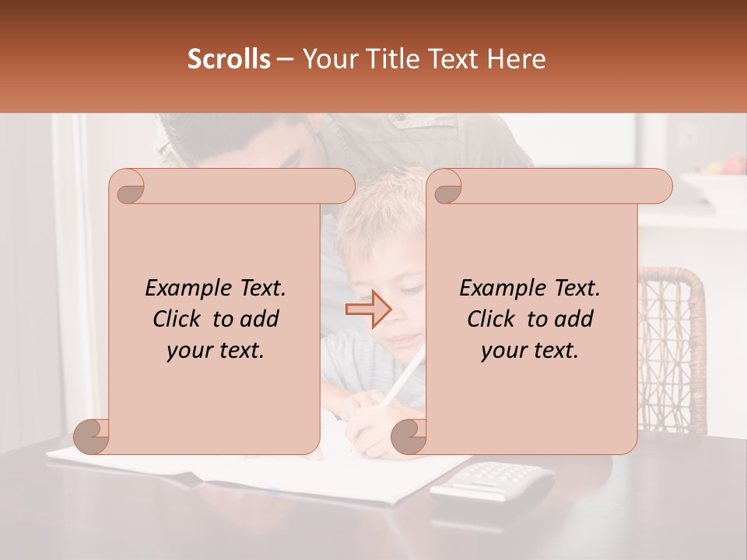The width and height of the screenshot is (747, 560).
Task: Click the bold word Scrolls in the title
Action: tap(229, 59)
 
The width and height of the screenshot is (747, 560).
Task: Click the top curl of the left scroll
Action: tap(127, 187)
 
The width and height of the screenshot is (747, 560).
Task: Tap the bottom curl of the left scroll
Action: tap(92, 436)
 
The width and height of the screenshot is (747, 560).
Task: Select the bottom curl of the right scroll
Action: tap(409, 436)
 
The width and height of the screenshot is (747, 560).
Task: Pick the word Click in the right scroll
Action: tap(491, 320)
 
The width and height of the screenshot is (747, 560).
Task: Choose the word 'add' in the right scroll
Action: tap(575, 320)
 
